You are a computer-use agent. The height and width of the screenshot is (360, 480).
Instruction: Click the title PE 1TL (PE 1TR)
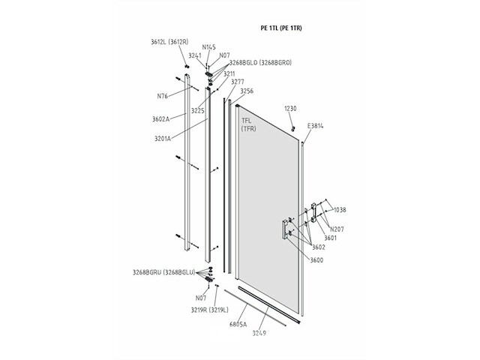pyautogui.click(x=281, y=28)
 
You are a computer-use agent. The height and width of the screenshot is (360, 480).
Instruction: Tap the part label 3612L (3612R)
pyautogui.click(x=169, y=42)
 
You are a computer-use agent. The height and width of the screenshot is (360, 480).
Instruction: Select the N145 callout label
pyautogui.click(x=208, y=47)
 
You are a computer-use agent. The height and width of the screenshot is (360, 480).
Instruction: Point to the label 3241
pyautogui.click(x=195, y=55)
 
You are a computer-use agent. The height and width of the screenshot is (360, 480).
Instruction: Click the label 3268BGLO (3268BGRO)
pyautogui.click(x=260, y=62)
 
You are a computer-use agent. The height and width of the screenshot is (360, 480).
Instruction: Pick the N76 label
pyautogui.click(x=163, y=96)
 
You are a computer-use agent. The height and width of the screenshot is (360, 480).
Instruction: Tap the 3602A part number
pyautogui.click(x=160, y=119)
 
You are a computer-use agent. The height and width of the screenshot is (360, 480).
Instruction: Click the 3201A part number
pyautogui.click(x=163, y=139)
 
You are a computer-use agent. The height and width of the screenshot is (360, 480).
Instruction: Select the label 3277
pyautogui.click(x=238, y=82)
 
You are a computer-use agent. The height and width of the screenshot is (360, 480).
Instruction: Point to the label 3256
pyautogui.click(x=247, y=91)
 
